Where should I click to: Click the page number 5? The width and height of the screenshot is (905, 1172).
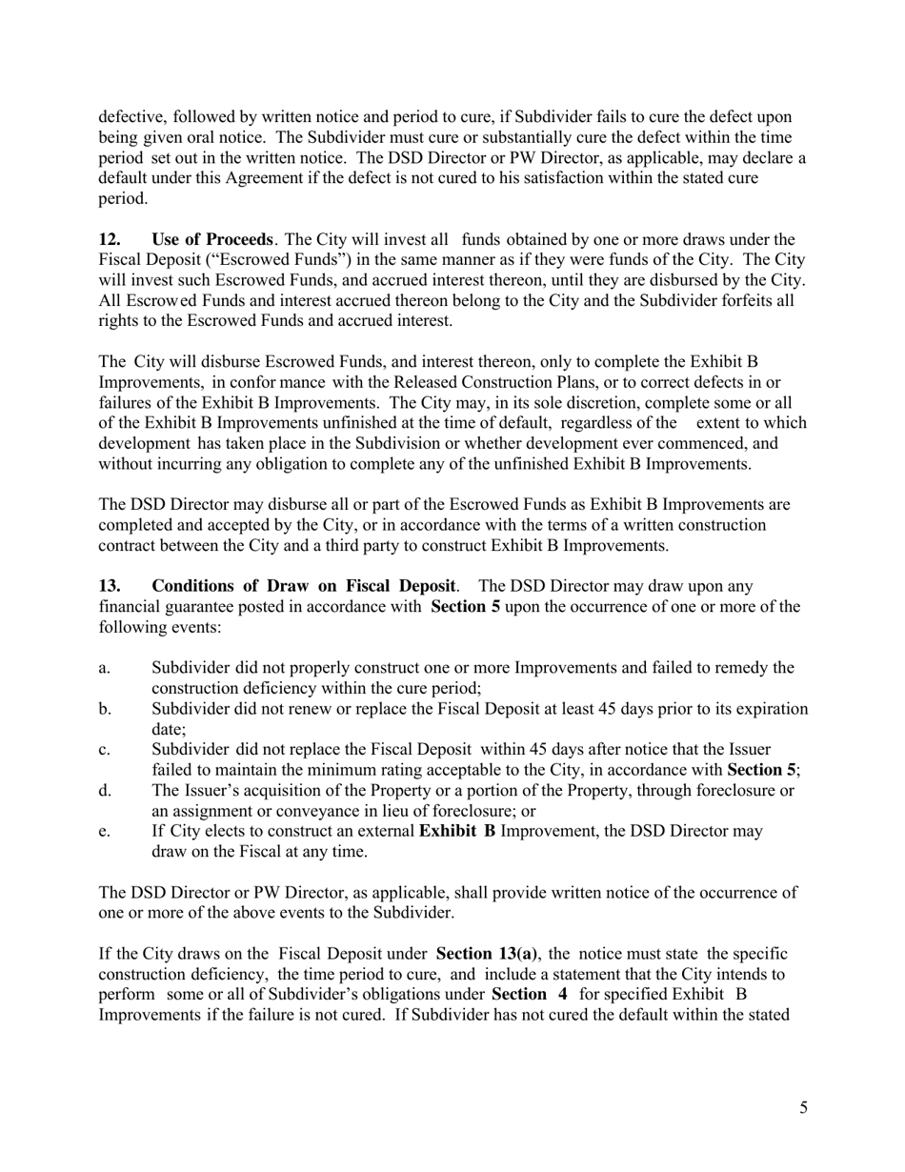pyautogui.click(x=804, y=1107)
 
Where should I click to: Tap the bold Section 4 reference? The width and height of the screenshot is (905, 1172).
pyautogui.click(x=529, y=994)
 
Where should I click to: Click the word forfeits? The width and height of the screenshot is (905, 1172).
pyautogui.click(x=742, y=300)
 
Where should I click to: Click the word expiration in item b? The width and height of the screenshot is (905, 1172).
pyautogui.click(x=761, y=709)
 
